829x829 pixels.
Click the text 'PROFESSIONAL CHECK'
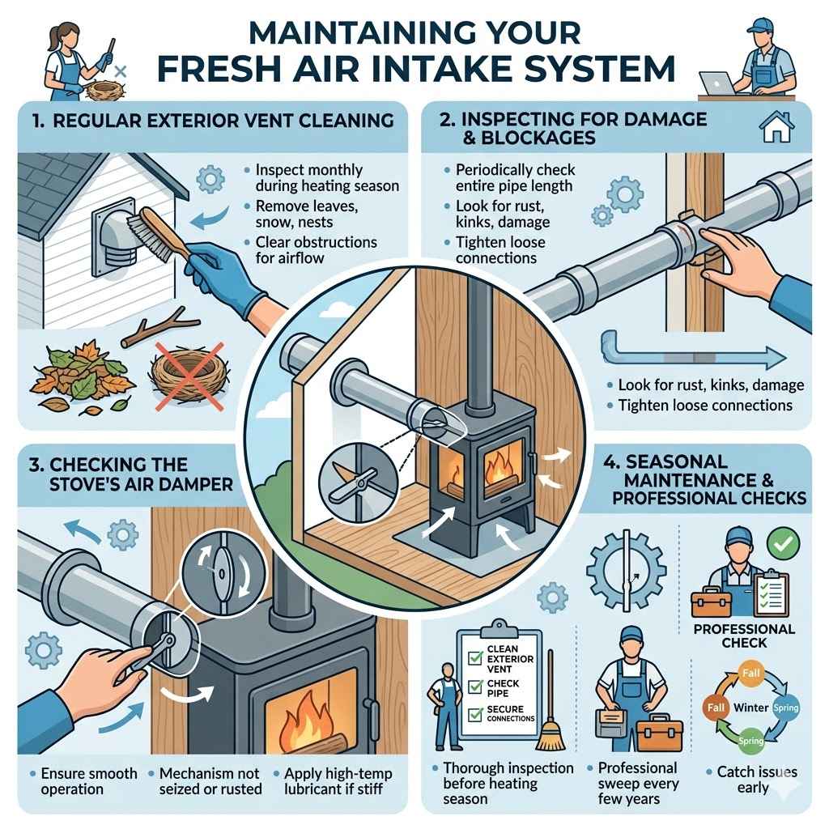743,636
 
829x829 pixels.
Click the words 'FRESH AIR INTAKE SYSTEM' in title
414,68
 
